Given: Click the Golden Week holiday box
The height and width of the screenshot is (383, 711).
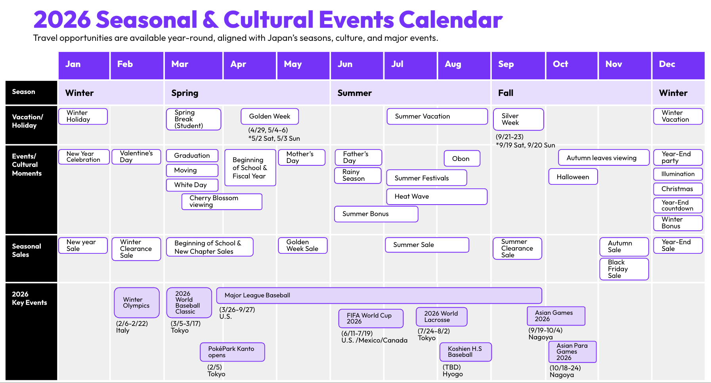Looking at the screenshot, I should (x=269, y=117).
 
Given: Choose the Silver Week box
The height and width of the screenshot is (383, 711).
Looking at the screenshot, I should (x=518, y=119).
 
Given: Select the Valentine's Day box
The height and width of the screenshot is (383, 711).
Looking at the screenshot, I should (x=136, y=157).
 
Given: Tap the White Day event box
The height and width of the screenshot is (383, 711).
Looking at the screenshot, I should (x=192, y=185).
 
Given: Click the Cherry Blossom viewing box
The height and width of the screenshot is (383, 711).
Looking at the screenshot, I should (x=222, y=201).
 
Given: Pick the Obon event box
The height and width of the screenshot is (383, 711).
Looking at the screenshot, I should (x=462, y=159).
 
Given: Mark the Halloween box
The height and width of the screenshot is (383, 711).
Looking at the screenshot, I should (x=573, y=177).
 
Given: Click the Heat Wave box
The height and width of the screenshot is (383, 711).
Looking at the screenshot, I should (x=436, y=197).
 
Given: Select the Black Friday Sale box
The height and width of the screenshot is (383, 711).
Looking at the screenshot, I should (x=623, y=269).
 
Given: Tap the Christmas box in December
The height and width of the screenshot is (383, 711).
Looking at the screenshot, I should (x=677, y=189).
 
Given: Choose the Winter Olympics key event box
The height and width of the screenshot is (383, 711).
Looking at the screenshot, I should (x=136, y=303).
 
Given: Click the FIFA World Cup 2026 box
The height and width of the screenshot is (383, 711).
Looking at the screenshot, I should (x=371, y=318).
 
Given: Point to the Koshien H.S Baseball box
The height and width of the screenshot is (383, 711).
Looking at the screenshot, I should (x=465, y=352).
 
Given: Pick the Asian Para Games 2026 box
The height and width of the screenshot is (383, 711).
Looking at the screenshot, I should (x=572, y=352).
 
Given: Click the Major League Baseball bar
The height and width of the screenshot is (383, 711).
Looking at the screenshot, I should (x=378, y=295).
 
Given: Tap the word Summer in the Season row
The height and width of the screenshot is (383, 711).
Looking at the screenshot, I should (x=354, y=93).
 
